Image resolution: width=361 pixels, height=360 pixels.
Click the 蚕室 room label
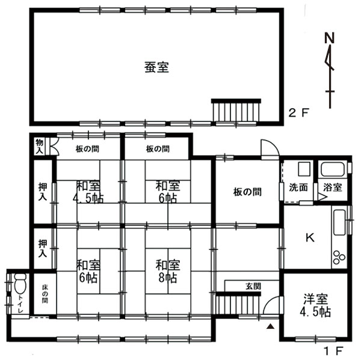click(156, 67)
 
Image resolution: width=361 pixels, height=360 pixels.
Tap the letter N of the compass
click(329, 38)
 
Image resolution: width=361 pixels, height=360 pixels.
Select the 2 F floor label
click(298, 113)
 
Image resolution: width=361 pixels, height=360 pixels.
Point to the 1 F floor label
click(333, 351)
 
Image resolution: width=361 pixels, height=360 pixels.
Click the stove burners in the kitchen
click(339, 257)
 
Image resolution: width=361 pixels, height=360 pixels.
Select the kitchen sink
click(339, 222)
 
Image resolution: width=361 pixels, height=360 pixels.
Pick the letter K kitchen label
click(310, 237)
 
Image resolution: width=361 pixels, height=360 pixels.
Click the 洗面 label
click(298, 188)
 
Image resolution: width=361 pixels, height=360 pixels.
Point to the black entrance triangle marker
click(271, 326)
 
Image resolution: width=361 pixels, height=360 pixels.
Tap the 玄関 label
click(253, 287)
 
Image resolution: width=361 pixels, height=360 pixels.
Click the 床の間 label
click(45, 294)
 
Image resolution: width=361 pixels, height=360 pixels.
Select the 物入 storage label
click(39, 147)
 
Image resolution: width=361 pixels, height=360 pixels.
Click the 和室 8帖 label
click(168, 271)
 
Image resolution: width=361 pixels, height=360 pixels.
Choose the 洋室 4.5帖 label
click(315, 305)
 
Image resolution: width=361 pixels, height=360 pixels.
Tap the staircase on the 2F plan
click(236, 110)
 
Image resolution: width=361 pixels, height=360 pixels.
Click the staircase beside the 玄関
click(238, 304)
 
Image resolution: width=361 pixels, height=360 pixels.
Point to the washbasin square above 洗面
click(304, 169)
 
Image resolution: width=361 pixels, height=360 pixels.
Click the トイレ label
click(20, 304)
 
